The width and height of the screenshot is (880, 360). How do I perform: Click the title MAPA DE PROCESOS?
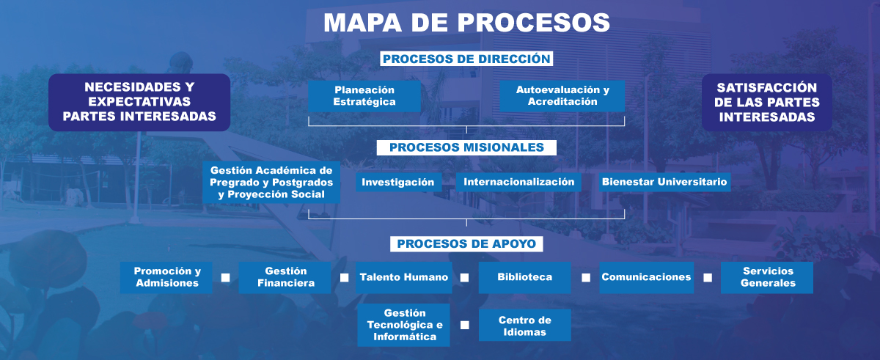[466, 21]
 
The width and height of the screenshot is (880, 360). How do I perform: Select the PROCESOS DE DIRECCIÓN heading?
[466, 59]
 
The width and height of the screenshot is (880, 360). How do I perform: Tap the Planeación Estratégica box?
[364, 96]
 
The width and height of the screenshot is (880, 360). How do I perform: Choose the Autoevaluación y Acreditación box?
[562, 96]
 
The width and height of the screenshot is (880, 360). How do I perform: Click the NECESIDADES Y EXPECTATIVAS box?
[139, 102]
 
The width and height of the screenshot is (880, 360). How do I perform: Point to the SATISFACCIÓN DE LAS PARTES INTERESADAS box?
[767, 102]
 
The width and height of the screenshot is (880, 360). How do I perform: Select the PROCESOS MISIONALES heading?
[466, 147]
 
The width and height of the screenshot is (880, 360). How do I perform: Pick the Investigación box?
[398, 182]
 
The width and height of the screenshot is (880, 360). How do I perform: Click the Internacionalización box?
[518, 182]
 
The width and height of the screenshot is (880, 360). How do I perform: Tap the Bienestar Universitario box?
[664, 182]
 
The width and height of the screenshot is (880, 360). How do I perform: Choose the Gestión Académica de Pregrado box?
[271, 183]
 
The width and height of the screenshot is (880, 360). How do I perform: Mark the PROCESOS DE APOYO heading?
[466, 243]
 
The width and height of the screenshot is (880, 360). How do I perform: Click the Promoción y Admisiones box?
[166, 277]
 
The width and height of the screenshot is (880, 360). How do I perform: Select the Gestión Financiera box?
[285, 277]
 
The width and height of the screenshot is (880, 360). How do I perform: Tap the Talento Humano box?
[404, 277]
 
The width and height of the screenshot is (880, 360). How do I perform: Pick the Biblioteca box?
[524, 277]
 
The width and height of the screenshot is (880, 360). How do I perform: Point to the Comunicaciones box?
[646, 277]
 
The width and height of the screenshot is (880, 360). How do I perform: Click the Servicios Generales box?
[767, 277]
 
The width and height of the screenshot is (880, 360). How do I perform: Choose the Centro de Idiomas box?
[524, 325]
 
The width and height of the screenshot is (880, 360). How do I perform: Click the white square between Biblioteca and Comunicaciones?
[586, 278]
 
